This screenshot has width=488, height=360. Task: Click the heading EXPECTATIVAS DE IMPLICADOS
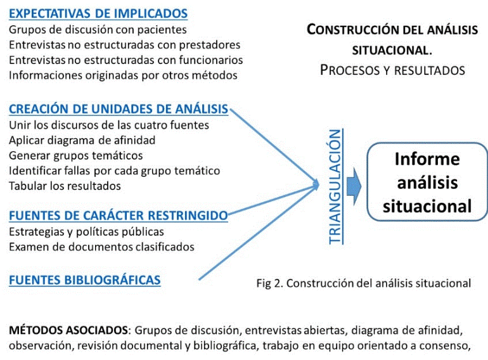(x=98, y=13)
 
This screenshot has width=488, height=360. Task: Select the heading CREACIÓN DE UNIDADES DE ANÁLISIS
(x=119, y=109)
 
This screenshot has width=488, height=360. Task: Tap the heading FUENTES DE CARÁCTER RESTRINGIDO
(x=119, y=216)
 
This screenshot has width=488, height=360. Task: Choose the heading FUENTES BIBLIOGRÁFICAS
(x=85, y=279)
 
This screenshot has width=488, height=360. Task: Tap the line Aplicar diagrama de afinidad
(x=82, y=140)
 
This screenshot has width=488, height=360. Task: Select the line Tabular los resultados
(x=65, y=186)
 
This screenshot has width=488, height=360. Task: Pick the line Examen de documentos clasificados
(x=101, y=247)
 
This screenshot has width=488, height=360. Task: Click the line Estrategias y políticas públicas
(x=86, y=231)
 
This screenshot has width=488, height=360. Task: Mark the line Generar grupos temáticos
(x=75, y=155)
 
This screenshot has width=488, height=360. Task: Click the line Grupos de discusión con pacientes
(x=98, y=30)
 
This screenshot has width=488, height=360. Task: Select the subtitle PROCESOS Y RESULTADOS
(x=392, y=70)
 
